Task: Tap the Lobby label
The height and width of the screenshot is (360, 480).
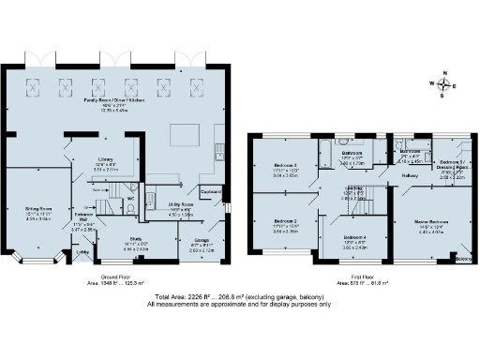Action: (x=82, y=251)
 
